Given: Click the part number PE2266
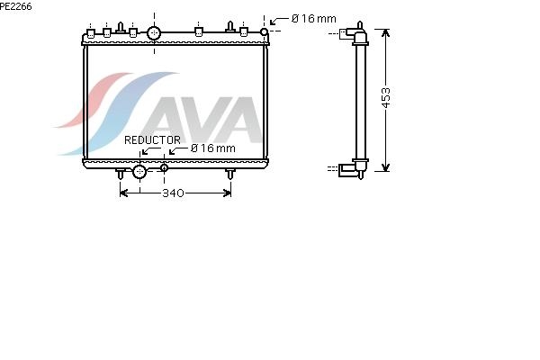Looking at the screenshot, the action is [x=16, y=6].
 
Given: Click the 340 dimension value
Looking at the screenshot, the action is [x=173, y=193].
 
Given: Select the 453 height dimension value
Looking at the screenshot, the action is [x=386, y=98].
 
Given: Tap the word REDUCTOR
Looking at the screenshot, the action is [x=152, y=139].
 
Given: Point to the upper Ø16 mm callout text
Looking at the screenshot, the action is [x=314, y=19].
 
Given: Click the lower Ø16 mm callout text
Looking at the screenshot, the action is [x=212, y=148].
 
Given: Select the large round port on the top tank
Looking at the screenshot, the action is [x=154, y=33].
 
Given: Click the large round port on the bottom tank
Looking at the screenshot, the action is [x=139, y=172].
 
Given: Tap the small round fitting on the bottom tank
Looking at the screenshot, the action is [x=165, y=167].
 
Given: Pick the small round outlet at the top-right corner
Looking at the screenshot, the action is [x=264, y=32].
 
